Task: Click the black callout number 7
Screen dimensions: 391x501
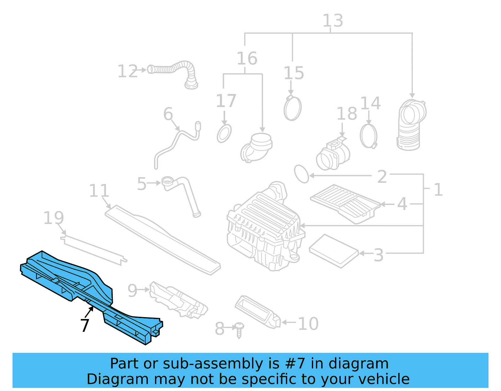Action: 85,326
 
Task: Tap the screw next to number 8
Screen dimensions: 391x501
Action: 239,330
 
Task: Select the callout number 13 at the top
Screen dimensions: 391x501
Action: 333,21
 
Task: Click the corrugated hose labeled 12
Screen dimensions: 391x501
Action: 175,70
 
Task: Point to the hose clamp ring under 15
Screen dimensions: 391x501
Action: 292,108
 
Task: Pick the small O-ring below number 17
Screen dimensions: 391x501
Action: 224,134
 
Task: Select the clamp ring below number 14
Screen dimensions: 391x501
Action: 369,136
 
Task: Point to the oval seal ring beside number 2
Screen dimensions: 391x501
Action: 301,174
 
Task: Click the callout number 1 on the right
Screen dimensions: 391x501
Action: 438,190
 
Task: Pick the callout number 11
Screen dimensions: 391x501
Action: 99,191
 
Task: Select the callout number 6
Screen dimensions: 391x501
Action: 168,114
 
